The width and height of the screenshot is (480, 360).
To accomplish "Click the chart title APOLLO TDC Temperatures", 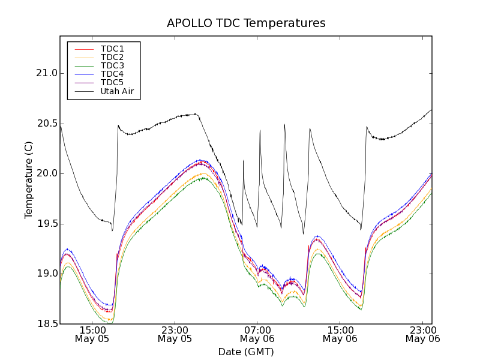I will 246,23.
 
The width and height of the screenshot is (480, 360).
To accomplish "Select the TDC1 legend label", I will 112,49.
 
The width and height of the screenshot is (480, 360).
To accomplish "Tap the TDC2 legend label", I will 112,57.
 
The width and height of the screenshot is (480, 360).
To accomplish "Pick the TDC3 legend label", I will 112,65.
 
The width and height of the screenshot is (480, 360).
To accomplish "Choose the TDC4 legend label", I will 112,74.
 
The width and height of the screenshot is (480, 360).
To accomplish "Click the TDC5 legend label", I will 112,82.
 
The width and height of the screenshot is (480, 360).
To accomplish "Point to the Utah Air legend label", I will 117,91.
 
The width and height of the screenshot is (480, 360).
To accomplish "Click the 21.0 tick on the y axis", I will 47,73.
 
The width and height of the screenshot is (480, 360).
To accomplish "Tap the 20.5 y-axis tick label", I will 47,124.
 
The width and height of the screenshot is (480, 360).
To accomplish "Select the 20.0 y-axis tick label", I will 47,173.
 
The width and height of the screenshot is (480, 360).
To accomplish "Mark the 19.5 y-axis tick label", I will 47,224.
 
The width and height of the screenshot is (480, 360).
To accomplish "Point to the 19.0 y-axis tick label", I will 47,274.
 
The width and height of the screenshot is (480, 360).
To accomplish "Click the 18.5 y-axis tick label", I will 47,324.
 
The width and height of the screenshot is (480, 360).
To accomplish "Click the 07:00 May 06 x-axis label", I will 257,334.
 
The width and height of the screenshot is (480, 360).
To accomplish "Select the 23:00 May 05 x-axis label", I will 175,334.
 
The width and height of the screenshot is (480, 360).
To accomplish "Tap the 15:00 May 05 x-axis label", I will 92,334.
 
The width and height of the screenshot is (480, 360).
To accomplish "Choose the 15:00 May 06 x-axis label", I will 340,334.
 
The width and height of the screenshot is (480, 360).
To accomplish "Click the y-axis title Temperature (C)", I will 29,180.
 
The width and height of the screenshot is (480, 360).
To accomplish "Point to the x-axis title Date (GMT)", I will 246,352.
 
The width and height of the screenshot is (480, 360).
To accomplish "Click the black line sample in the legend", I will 83,91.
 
